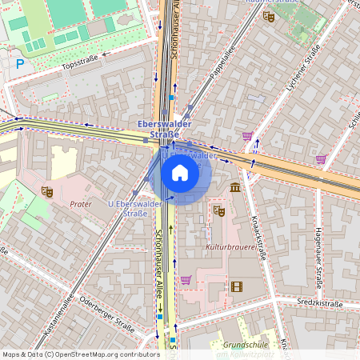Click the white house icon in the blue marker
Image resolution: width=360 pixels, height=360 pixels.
click(x=180, y=172)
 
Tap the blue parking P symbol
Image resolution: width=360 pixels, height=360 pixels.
click(x=20, y=63)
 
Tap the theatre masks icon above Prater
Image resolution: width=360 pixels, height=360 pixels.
click(x=46, y=191)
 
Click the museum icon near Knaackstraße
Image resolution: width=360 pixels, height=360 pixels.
click(x=234, y=187)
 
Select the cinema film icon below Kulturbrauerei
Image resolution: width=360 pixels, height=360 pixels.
click(x=236, y=286)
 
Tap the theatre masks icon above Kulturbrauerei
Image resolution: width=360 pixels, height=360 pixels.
click(x=218, y=210)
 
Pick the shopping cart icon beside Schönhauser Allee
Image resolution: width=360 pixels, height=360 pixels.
click(x=186, y=279)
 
